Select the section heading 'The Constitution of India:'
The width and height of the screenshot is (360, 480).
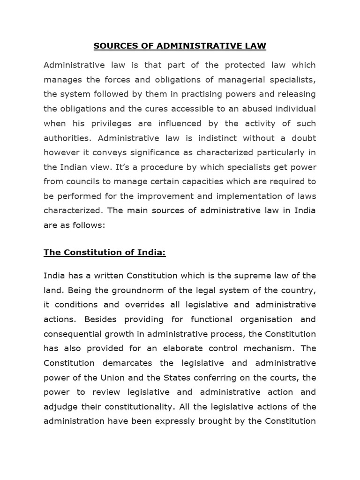coord(105,253)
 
